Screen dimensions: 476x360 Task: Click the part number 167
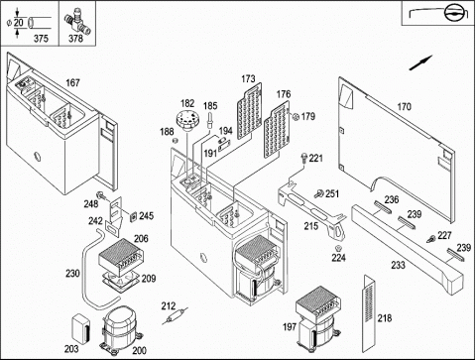coord(72,82)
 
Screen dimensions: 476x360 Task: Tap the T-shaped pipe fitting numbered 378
coord(77,22)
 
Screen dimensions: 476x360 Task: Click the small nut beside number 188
coord(176,141)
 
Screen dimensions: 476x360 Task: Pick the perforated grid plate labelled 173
coord(249,111)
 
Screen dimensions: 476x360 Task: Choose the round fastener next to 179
coord(297,116)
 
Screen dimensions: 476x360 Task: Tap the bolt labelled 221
coord(303,158)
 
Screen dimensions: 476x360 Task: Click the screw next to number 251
coord(319,193)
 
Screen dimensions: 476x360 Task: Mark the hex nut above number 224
coord(338,248)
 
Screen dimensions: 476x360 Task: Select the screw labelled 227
coord(431,239)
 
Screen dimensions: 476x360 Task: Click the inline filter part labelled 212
coord(175,316)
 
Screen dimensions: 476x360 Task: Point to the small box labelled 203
coord(81,328)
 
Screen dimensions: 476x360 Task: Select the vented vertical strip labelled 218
coord(370,313)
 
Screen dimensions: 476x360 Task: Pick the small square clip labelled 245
coord(133,216)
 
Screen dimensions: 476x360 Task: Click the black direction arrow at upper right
coord(420,62)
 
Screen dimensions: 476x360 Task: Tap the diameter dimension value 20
coord(19,23)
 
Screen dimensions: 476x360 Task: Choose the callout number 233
coord(398,265)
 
